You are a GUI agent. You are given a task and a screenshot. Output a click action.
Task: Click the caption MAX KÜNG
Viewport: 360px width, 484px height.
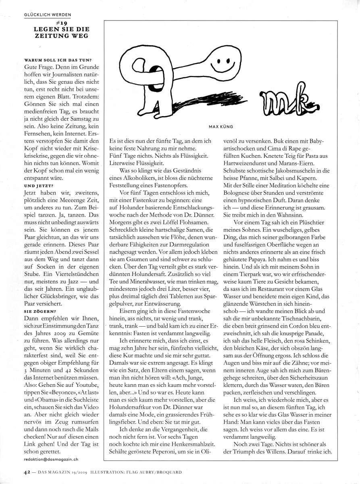coord(220,127)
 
